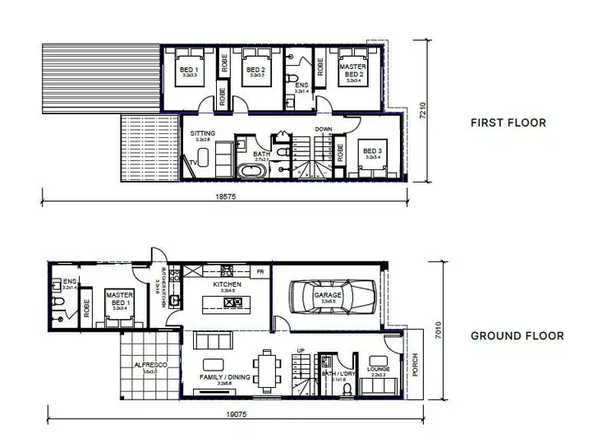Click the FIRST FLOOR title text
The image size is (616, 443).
[x=508, y=123]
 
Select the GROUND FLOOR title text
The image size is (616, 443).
[x=517, y=335]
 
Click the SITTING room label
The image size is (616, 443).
[x=202, y=133]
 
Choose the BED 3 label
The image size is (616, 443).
[x=373, y=151]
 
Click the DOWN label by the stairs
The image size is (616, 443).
[x=324, y=129]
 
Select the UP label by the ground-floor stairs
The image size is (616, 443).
[x=301, y=349]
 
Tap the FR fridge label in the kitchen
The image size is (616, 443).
[x=260, y=270]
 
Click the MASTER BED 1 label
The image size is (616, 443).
[x=119, y=297]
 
